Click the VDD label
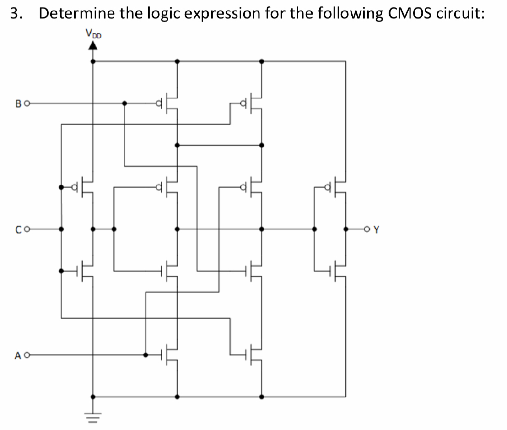click(x=92, y=33)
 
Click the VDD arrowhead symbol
click(x=93, y=45)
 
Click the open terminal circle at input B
click(x=26, y=103)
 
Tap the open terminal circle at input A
click(x=26, y=354)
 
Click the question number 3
click(x=16, y=13)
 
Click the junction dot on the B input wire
click(x=124, y=103)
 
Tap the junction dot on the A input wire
click(x=146, y=354)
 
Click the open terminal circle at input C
click(x=26, y=229)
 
